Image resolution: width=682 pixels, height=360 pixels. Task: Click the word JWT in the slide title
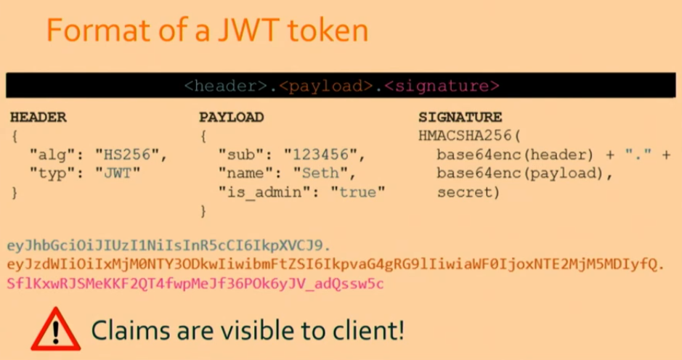(248, 30)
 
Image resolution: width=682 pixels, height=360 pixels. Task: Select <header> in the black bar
(226, 86)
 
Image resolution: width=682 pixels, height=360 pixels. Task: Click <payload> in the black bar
(326, 86)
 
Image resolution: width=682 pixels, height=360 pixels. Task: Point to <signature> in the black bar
(442, 86)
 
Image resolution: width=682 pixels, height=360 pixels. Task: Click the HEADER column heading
(38, 117)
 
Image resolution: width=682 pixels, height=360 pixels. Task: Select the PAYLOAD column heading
(232, 117)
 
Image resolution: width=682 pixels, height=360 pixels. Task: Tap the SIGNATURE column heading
(460, 117)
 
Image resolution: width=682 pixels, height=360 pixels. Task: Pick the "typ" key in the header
(52, 173)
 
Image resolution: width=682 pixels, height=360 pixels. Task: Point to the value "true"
(357, 192)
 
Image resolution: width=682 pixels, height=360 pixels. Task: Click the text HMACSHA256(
(470, 136)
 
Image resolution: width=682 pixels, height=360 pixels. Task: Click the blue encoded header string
(169, 245)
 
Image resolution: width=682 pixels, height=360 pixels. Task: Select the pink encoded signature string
(195, 284)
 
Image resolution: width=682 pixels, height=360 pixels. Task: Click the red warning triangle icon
(56, 329)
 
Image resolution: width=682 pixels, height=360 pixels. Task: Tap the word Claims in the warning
(131, 330)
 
